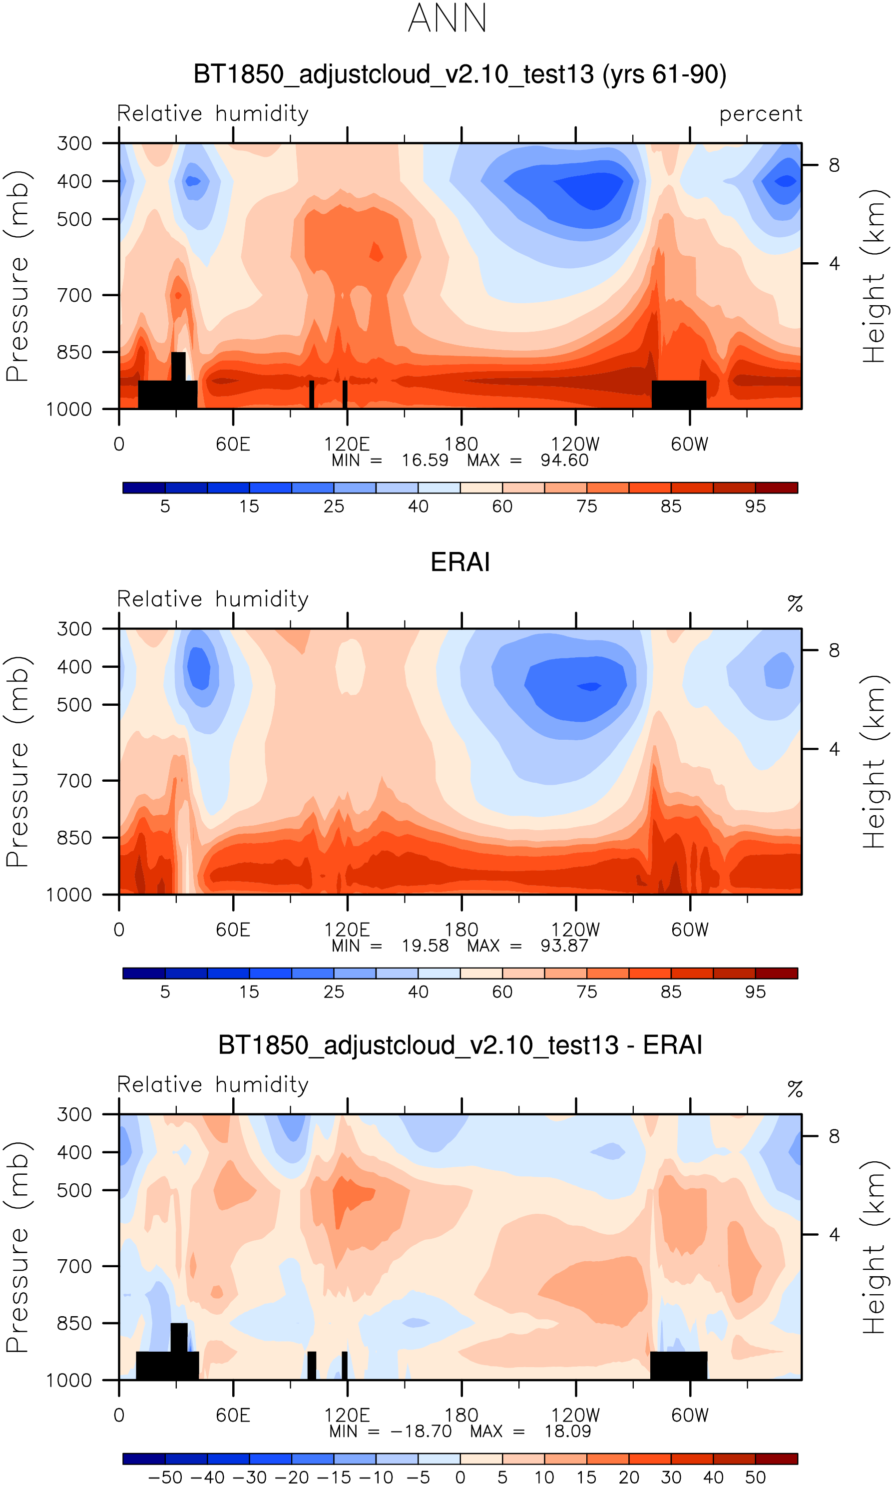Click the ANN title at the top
[x=447, y=18]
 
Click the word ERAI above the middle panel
[x=460, y=562]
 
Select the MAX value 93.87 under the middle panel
[x=564, y=946]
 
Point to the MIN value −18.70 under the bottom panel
[x=421, y=1431]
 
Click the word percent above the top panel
[x=761, y=114]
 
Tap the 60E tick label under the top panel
[x=233, y=445]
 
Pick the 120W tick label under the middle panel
[x=575, y=930]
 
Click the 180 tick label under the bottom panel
[x=461, y=1416]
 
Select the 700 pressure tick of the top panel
[x=74, y=295]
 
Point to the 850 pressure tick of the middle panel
[x=74, y=838]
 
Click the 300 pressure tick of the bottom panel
[x=74, y=1115]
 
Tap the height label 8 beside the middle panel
[x=834, y=650]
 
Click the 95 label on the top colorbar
[x=755, y=506]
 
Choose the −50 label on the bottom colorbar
[x=165, y=1478]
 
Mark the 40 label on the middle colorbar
[x=418, y=992]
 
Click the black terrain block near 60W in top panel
[x=679, y=394]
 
